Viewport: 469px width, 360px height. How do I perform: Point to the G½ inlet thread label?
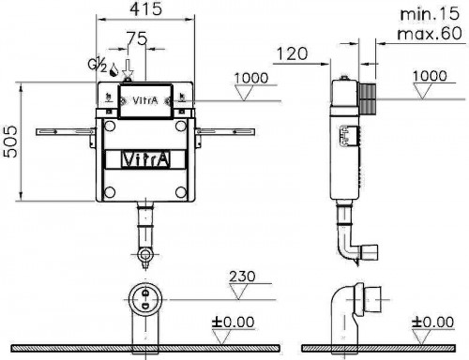tap(96, 67)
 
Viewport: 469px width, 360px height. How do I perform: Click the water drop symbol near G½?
tap(114, 68)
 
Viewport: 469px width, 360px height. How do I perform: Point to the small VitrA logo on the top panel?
tap(144, 97)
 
